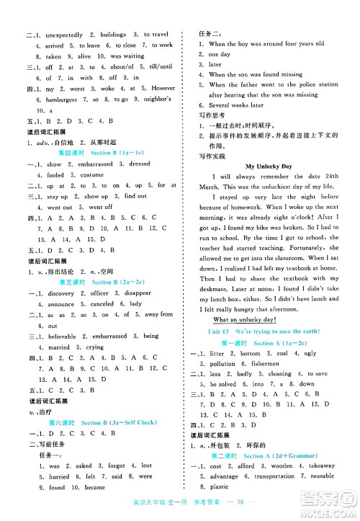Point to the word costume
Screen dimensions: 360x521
tap(91, 174)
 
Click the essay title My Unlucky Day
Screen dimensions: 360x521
tap(269, 166)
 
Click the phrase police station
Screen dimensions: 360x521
tap(317, 84)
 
